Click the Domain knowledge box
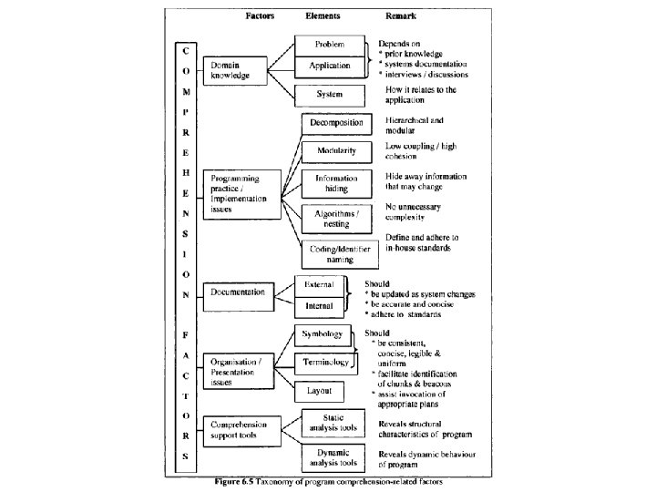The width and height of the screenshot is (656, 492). [235, 70]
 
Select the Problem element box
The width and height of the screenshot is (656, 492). [329, 45]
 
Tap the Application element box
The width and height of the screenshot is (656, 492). [329, 67]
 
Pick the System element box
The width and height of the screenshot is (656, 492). [329, 94]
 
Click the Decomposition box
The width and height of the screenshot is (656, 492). [336, 123]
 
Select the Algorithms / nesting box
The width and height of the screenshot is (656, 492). [336, 218]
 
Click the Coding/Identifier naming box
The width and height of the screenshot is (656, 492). [336, 252]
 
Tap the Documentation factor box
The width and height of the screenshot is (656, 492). [238, 292]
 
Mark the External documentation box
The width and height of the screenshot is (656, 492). [319, 285]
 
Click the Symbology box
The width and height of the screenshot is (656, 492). [323, 335]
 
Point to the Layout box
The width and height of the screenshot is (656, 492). [319, 391]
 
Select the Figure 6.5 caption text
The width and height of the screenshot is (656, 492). [327, 480]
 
